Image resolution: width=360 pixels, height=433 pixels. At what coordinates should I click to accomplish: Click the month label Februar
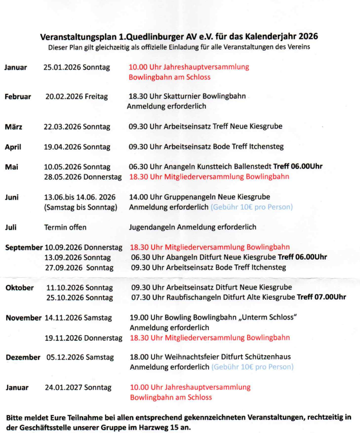click(x=18, y=96)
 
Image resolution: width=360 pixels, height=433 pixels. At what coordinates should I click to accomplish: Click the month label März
click(x=14, y=126)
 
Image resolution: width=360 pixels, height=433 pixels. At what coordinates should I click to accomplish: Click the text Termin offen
click(x=65, y=227)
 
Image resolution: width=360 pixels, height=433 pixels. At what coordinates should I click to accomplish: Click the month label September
click(x=24, y=247)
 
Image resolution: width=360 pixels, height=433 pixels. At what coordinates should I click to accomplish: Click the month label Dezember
click(x=23, y=357)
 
